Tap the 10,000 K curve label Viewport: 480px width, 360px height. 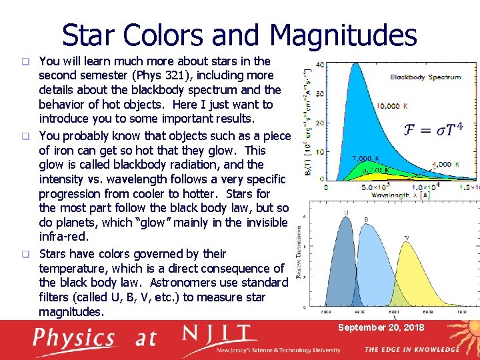393,106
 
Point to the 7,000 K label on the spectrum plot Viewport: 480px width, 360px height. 367,159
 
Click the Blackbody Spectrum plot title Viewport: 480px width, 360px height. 425,77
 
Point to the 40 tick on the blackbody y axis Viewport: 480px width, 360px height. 319,65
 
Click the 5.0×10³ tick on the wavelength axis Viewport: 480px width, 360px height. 371,187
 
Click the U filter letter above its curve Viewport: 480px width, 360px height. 346,213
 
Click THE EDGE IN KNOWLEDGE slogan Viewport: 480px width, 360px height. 411,349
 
